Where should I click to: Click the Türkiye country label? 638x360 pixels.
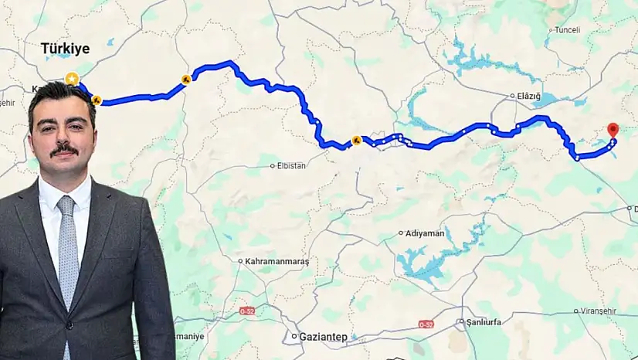coord(65,49)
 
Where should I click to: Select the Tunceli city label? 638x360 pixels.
coord(567,31)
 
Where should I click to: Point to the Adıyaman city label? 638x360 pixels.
coord(423,233)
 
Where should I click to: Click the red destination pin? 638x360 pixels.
coord(613,131)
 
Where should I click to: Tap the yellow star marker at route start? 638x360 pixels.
coord(72,78)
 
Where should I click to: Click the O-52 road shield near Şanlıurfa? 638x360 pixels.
coord(426,324)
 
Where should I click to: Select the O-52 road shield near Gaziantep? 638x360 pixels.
coord(247,311)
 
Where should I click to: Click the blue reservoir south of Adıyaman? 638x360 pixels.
coord(433,263)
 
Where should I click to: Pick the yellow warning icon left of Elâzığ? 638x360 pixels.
coord(356,141)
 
